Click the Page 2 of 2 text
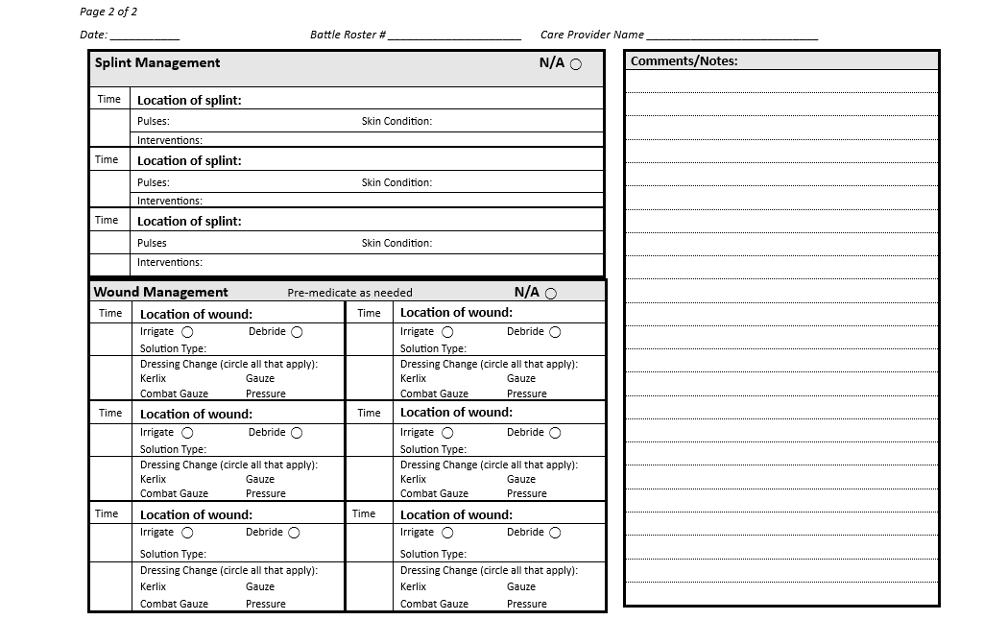pos(108,12)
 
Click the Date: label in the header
pos(93,35)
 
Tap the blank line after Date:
pos(144,36)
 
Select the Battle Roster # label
pos(348,35)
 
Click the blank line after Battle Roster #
pos(454,36)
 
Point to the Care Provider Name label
pos(591,35)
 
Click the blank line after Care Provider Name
pos(732,36)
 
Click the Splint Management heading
pos(157,63)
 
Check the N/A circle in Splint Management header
pos(576,65)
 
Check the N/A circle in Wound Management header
pos(551,294)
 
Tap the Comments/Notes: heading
pos(684,61)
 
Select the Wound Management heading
pos(161,292)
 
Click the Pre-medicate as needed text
pos(349,293)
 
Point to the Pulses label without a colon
pos(152,244)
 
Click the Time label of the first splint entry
pos(109,99)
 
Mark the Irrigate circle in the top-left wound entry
pos(187,332)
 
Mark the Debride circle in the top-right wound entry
pos(556,332)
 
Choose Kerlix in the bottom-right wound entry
pos(413,586)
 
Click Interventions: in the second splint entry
pos(170,202)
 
